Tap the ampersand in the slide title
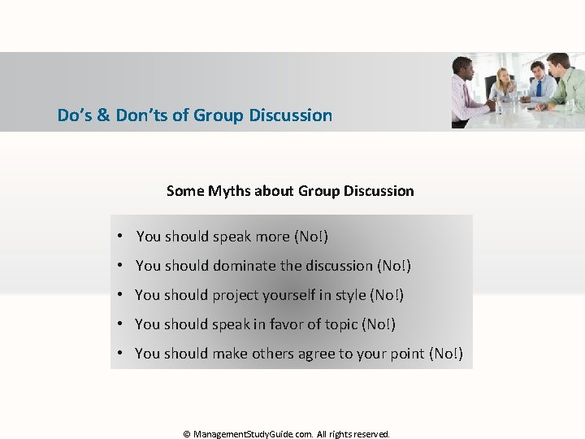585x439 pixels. tap(103, 115)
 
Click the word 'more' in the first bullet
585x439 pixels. tap(272, 237)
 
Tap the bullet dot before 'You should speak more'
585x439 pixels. tap(119, 237)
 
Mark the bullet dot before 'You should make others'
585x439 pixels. tap(119, 354)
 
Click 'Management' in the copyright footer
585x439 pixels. tap(223, 434)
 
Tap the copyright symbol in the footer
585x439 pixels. tap(187, 434)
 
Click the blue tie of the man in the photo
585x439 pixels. tap(537, 89)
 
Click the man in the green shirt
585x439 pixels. tap(565, 85)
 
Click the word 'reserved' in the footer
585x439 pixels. tap(371, 434)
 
